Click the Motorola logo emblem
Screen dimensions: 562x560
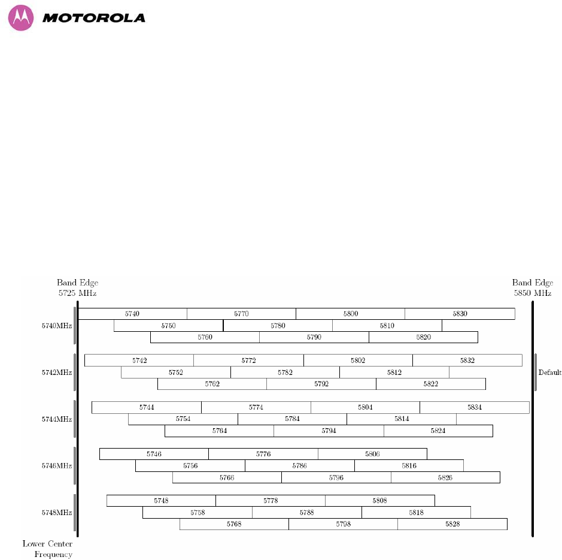[x=21, y=18]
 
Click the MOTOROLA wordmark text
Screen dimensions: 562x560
[x=94, y=18]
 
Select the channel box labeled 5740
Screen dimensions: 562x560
[x=132, y=314]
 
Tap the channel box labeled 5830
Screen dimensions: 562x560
[x=460, y=314]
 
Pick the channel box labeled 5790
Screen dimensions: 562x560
[x=314, y=337]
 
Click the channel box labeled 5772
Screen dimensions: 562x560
[x=248, y=361]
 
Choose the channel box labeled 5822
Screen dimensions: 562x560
[x=431, y=384]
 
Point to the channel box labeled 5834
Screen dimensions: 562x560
[x=475, y=407]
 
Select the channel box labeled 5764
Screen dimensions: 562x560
[x=219, y=431]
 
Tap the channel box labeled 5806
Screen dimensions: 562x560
[x=372, y=454]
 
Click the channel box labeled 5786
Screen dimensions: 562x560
[x=299, y=465]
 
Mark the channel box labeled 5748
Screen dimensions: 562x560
[x=161, y=501]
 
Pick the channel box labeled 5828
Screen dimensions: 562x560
[x=452, y=524]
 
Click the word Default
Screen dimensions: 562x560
[x=549, y=373]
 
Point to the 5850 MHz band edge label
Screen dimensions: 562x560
[x=532, y=293]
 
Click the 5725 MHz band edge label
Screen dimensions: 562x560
[x=77, y=293]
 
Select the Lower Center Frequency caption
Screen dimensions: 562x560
[x=48, y=549]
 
